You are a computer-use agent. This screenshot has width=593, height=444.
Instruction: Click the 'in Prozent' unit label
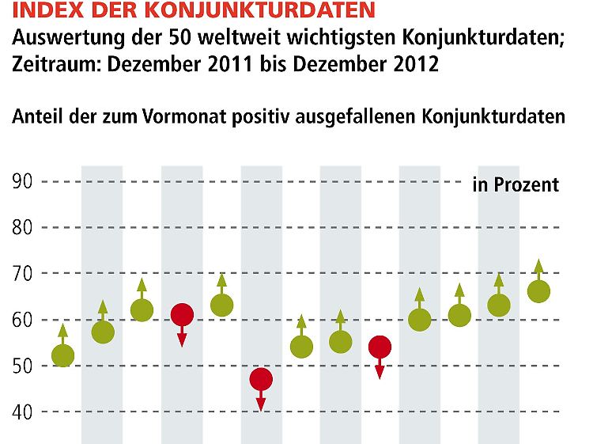[x=516, y=185]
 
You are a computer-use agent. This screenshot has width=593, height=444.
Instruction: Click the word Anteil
[x=38, y=117]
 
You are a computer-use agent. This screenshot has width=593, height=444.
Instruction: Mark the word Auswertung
[x=72, y=36]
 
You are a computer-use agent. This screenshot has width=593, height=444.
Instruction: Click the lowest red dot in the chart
[x=261, y=379]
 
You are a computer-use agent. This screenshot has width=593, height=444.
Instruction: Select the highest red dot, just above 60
[x=182, y=315]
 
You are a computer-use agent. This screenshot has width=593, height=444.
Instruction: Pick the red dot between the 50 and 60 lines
[x=380, y=347]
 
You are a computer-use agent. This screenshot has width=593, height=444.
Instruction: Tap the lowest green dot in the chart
[x=62, y=356]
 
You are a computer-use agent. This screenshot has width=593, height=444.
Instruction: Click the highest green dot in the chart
[x=538, y=292]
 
